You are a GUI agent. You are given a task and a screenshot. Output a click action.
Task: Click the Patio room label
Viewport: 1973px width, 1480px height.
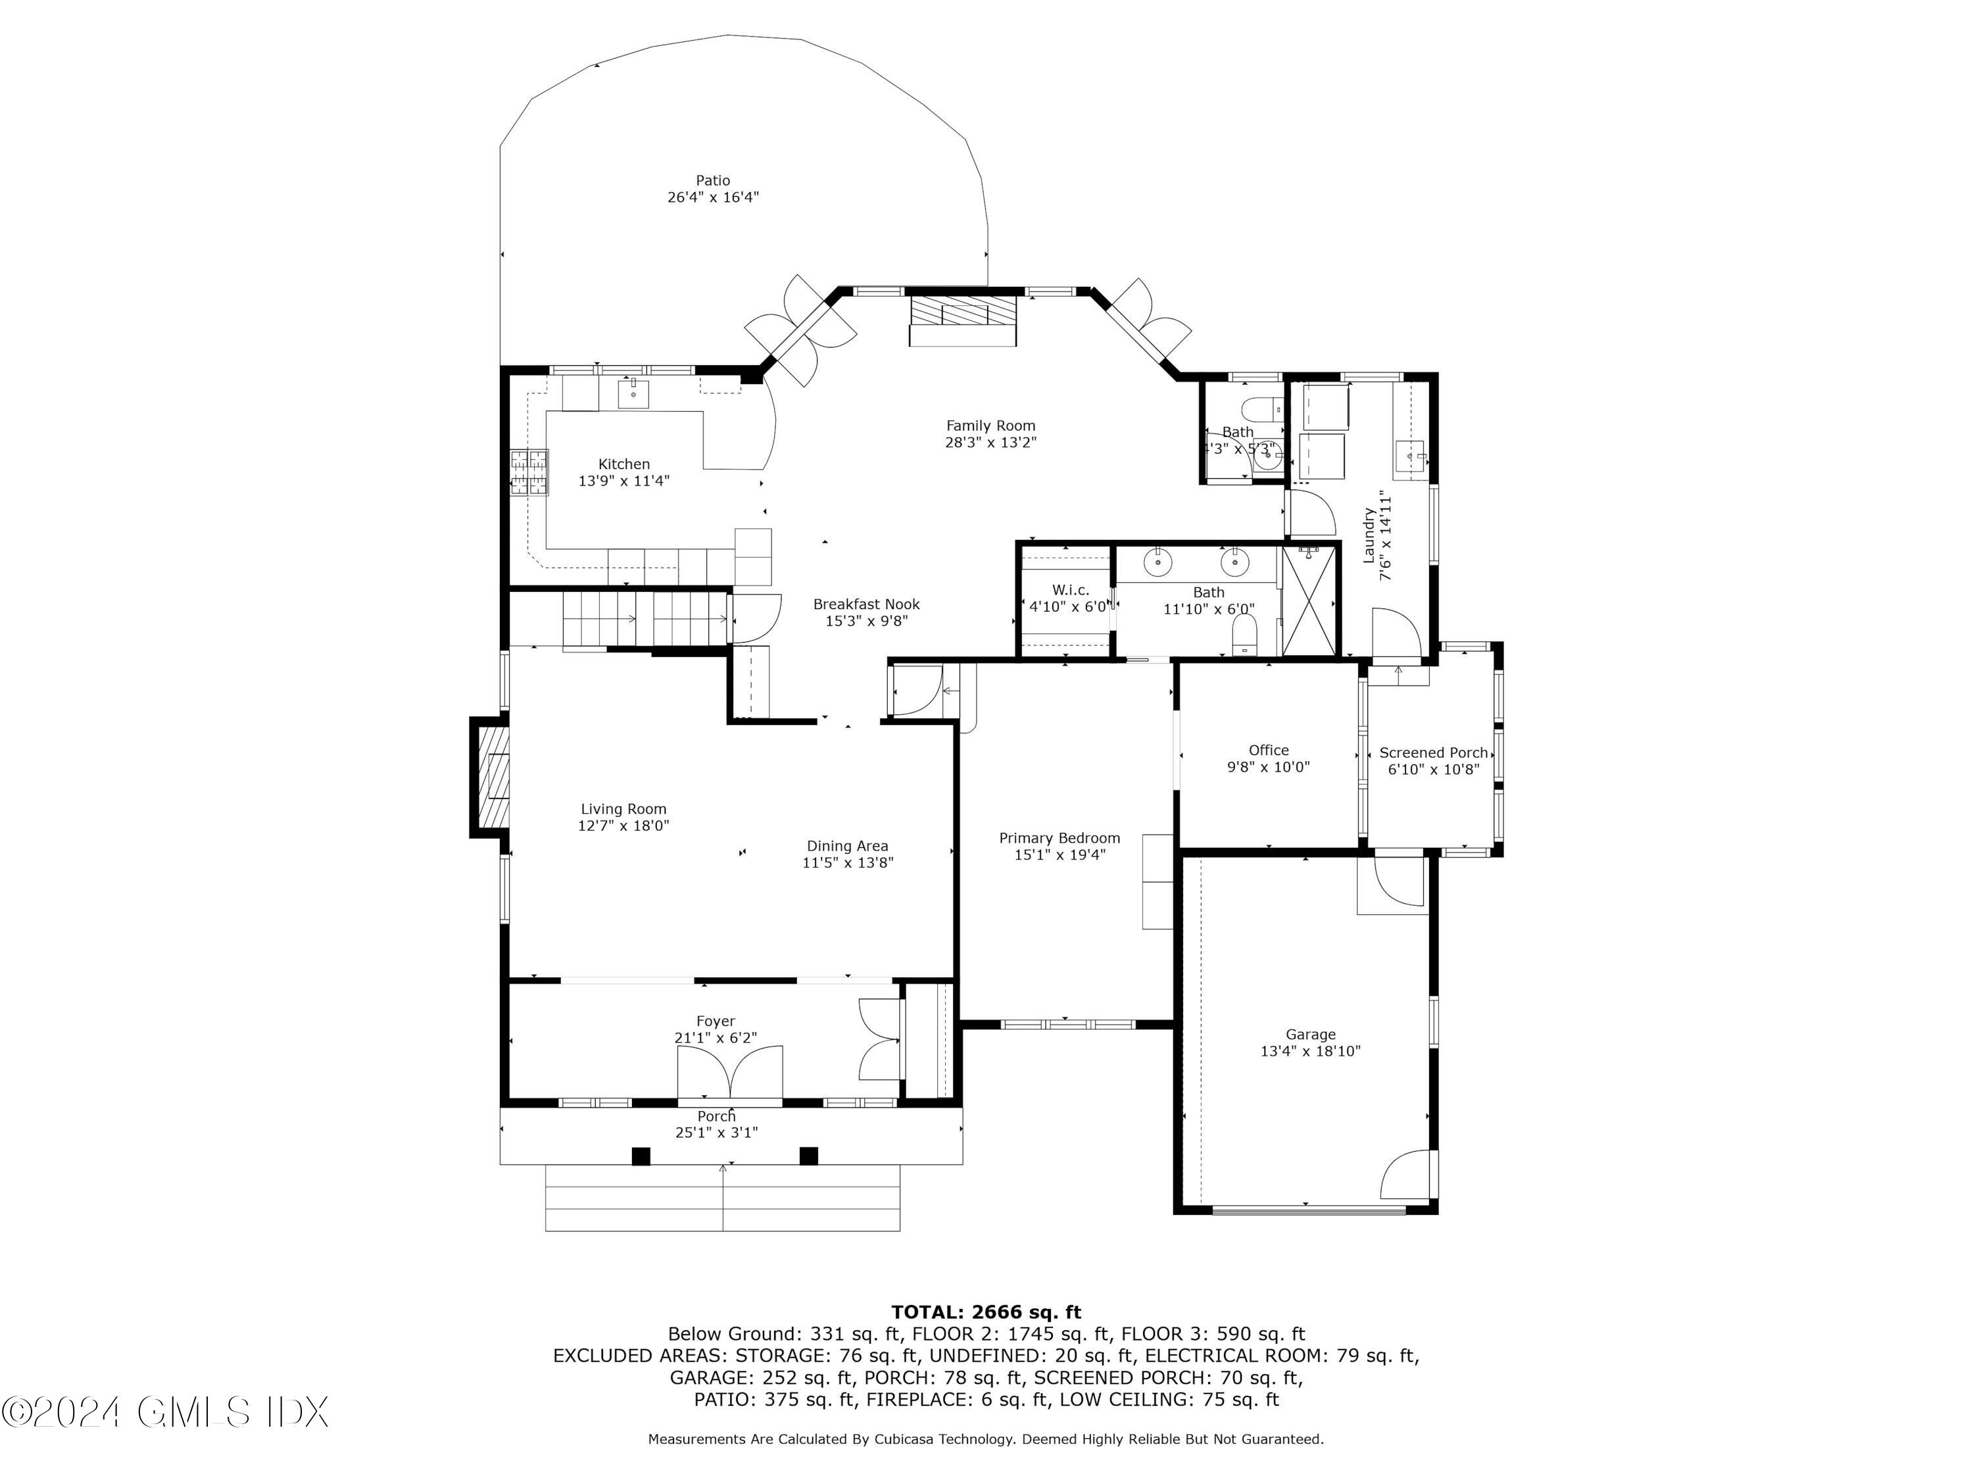pos(713,188)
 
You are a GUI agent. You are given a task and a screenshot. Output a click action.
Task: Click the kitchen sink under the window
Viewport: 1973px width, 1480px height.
pos(633,393)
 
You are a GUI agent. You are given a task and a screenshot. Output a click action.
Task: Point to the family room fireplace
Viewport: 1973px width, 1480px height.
pos(962,320)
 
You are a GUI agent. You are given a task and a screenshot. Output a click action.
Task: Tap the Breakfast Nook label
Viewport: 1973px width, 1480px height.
pos(866,612)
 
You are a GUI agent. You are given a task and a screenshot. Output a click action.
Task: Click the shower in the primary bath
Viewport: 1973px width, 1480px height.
pos(1309,601)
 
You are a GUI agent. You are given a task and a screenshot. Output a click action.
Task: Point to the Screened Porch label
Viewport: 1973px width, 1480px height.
pos(1433,761)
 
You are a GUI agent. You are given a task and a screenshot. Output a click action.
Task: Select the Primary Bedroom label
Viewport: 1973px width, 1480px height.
pos(1060,846)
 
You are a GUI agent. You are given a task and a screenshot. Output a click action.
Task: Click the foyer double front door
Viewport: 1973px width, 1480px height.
pos(729,1072)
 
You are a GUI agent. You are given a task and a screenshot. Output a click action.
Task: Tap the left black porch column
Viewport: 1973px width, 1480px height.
pos(641,1155)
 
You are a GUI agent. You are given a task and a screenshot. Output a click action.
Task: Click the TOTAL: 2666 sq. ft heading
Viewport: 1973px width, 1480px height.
pos(986,1312)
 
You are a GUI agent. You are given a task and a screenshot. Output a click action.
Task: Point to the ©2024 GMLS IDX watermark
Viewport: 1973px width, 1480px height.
pos(166,1412)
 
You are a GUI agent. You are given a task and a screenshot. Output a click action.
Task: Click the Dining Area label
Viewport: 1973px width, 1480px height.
pos(847,854)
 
